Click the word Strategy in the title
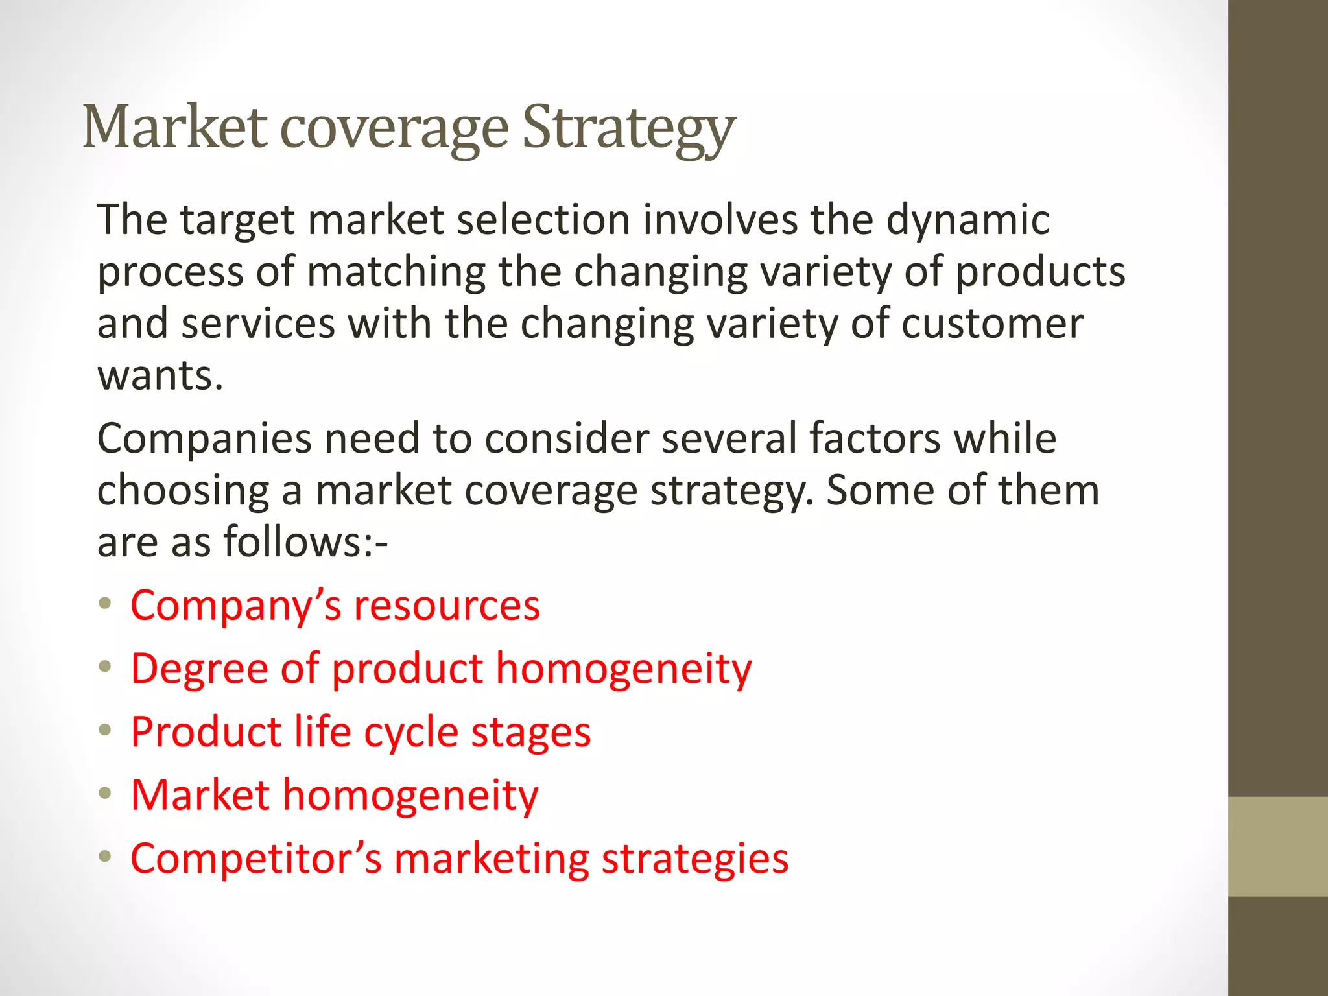point(628,127)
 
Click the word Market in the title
point(174,127)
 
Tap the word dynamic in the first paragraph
point(967,220)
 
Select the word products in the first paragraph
point(1040,272)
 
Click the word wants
point(160,376)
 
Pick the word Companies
point(204,440)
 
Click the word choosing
point(183,492)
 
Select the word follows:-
point(305,542)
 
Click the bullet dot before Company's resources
point(105,604)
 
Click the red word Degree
point(199,669)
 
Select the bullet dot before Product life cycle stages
point(105,730)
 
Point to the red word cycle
point(411,733)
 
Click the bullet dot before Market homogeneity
point(105,793)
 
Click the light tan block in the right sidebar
point(1277,846)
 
